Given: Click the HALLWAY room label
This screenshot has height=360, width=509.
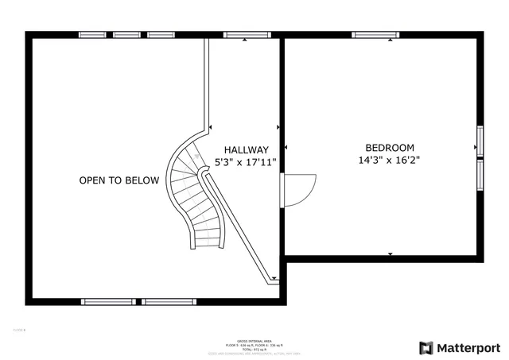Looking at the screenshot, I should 246,149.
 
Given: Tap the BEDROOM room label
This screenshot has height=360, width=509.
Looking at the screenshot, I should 390,147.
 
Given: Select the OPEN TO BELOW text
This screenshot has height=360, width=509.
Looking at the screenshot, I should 119,180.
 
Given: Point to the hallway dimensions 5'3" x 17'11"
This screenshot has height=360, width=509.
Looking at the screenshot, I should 246,162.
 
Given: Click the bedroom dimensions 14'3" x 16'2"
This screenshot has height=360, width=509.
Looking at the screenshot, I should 390,160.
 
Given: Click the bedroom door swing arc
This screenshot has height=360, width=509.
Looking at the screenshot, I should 301,189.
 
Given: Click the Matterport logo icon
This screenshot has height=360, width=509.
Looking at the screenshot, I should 426,348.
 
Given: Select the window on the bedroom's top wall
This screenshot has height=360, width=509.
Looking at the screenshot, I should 376,35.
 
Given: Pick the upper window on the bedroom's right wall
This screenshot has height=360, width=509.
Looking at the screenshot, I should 480,140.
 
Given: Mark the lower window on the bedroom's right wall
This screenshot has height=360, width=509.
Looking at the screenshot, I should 480,173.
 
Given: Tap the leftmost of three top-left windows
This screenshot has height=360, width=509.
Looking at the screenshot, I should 92,35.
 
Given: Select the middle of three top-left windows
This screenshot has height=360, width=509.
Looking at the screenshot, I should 126,35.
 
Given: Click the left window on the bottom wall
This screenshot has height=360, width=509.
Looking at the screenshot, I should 108,301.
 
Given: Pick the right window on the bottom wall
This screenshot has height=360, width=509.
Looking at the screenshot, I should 169,301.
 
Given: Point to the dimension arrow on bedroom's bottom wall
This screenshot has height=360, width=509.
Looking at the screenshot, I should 390,254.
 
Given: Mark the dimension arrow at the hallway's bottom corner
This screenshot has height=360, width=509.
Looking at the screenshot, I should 275,279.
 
